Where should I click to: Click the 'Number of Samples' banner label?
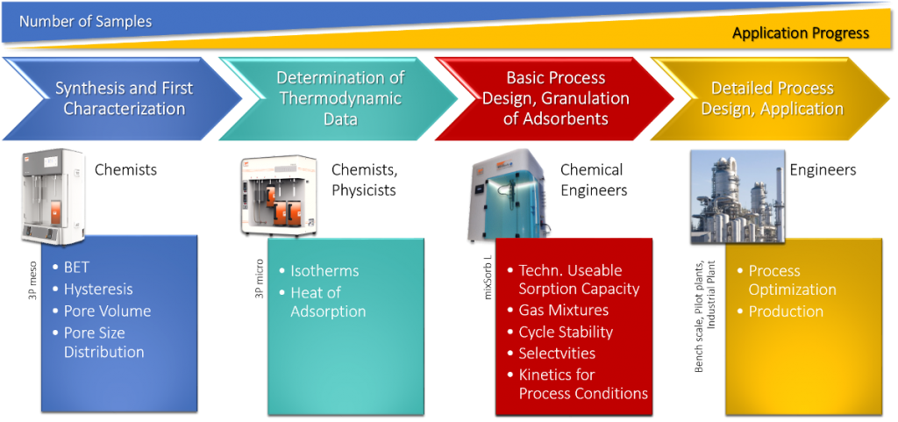(85, 22)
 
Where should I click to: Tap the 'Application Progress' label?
(801, 33)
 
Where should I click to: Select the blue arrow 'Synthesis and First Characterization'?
(122, 98)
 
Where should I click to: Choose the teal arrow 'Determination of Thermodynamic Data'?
(339, 98)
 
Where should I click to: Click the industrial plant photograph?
(737, 195)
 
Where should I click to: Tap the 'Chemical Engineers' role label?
(594, 180)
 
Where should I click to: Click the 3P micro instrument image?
(278, 196)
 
